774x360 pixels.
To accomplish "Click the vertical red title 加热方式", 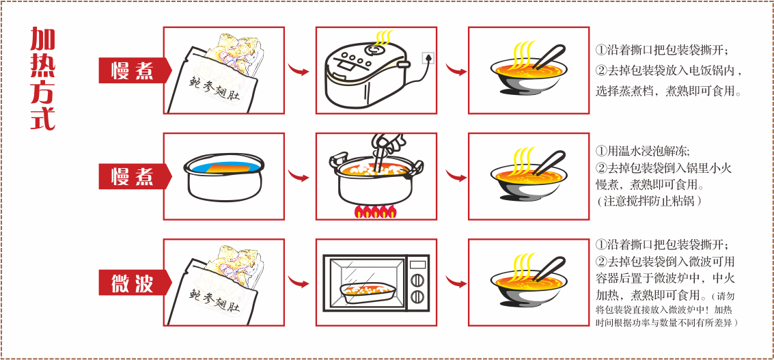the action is click(x=42, y=79).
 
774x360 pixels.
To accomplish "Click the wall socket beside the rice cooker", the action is click(x=428, y=58).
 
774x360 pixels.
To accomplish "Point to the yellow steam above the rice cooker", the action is click(x=383, y=38).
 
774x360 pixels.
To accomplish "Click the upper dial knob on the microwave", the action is click(x=417, y=280).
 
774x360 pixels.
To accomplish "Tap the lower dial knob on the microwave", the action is click(x=417, y=296).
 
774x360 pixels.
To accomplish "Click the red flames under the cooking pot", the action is click(x=375, y=211).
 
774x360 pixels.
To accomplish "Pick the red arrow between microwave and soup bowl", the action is click(x=456, y=283).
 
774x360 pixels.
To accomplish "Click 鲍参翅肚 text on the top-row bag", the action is click(x=215, y=89).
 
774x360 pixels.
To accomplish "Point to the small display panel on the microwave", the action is click(x=417, y=264).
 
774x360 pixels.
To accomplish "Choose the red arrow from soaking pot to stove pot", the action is click(x=298, y=176).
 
